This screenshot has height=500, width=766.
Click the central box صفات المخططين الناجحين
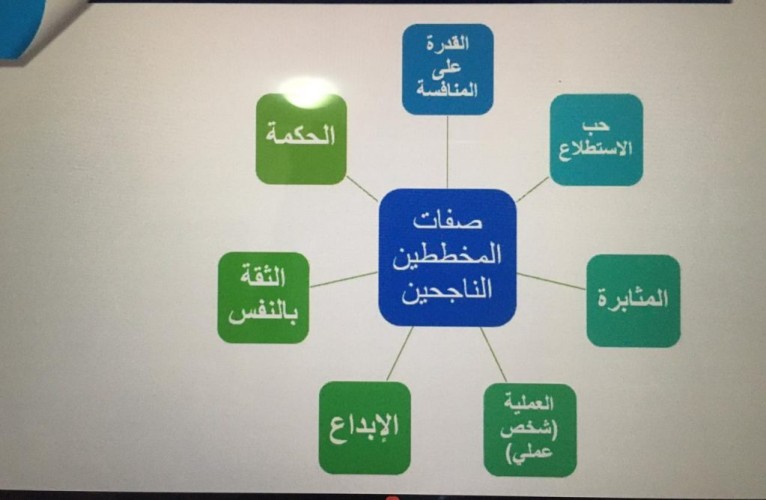pos(447,257)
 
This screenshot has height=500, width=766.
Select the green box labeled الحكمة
pos(301,139)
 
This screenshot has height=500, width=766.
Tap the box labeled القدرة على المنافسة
pos(447,68)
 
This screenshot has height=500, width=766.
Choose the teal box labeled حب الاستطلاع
pos(596,139)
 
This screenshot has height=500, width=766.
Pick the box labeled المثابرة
pos(633,300)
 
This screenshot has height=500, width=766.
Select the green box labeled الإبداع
pos(364,427)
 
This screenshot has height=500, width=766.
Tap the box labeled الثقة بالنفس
pos(263,298)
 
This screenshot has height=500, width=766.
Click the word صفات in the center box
pos(447,219)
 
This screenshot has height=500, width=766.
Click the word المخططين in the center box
pos(447,256)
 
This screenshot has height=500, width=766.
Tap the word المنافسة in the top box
pos(447,91)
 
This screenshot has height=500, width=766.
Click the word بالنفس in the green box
pos(263,313)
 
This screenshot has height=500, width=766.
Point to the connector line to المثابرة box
pos(551,281)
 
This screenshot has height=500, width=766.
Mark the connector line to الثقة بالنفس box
pos(344,279)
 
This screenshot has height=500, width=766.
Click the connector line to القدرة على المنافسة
pos(447,150)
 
